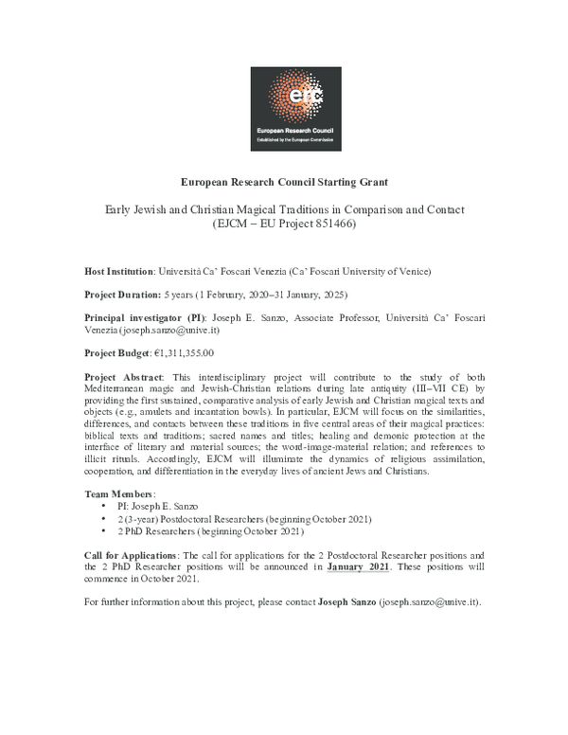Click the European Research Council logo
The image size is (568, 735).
pyautogui.click(x=284, y=109)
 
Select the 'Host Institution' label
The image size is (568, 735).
pyautogui.click(x=119, y=270)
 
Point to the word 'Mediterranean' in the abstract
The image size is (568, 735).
pyautogui.click(x=120, y=388)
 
